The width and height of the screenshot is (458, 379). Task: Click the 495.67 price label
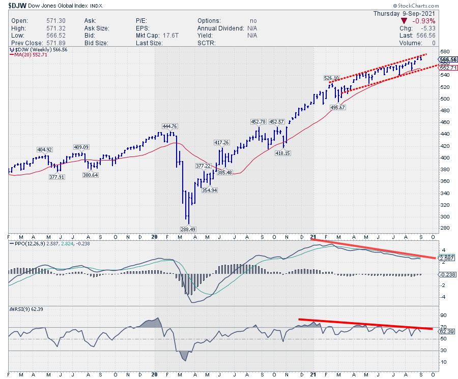(x=338, y=107)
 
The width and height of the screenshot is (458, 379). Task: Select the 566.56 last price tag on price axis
(x=446, y=59)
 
